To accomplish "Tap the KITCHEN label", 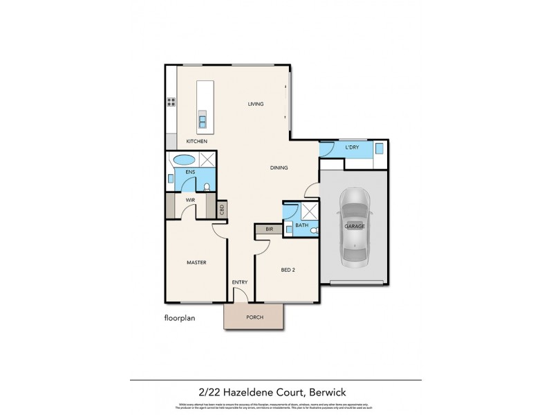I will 197,141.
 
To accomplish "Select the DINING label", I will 279,167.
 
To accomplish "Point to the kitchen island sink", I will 203,122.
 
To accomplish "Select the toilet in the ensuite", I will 207,185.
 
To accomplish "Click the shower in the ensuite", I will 205,158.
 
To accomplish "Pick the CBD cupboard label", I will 221,209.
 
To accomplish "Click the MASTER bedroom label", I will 197,263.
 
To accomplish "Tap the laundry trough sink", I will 379,148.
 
